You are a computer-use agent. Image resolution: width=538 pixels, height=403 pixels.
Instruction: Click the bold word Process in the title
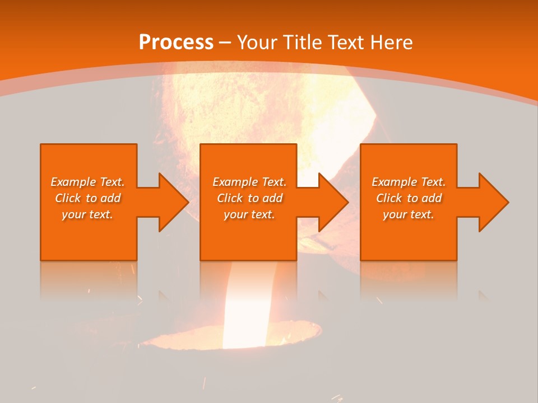coord(176,43)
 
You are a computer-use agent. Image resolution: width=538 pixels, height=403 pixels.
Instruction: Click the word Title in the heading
coord(303,43)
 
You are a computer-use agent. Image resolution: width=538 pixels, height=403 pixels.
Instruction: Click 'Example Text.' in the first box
coord(87,182)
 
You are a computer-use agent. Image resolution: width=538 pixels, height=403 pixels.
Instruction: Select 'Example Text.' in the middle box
coord(249,182)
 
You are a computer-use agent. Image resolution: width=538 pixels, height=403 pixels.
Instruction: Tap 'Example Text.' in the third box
coord(409,182)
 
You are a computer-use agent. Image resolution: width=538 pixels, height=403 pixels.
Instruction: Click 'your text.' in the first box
coord(87,214)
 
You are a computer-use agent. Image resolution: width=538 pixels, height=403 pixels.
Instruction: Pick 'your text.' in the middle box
coord(249,214)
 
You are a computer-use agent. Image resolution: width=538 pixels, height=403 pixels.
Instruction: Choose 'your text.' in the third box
coord(409,214)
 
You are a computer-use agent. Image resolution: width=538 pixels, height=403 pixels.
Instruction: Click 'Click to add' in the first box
coord(87,198)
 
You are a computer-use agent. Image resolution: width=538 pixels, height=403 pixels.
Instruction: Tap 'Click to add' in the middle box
coord(249,198)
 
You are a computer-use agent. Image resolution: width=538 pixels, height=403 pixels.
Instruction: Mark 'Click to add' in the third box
coord(409,198)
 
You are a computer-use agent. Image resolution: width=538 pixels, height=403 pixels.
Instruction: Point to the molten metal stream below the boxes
coord(247,302)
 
